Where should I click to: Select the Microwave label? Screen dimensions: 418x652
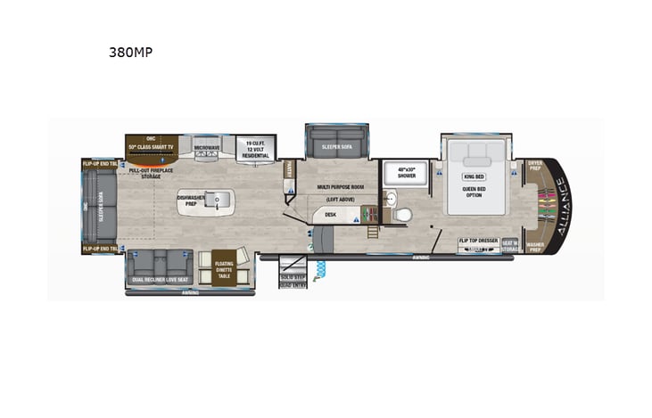click(x=207, y=147)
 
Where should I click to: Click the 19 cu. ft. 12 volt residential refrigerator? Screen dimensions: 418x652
click(x=255, y=148)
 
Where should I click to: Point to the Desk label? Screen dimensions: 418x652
click(x=330, y=214)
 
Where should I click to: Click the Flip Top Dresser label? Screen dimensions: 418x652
click(x=476, y=242)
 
